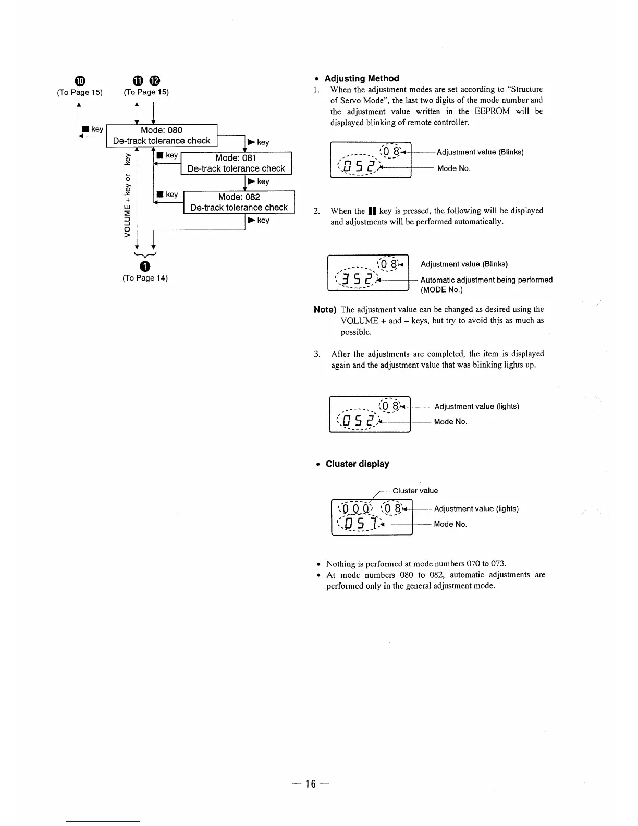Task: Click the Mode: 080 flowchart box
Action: click(162, 136)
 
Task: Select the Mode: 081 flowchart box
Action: click(236, 163)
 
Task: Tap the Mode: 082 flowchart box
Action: click(239, 202)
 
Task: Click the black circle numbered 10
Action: click(79, 80)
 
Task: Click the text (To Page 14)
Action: click(145, 278)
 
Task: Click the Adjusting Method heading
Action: click(362, 78)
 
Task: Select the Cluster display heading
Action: click(357, 464)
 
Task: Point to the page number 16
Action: click(311, 784)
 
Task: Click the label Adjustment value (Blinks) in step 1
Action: click(480, 152)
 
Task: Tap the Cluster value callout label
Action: click(415, 491)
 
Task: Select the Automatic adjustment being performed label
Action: click(486, 280)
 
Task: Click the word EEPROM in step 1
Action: click(492, 111)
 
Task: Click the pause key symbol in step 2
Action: click(372, 211)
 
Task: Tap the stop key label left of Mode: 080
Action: click(92, 129)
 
